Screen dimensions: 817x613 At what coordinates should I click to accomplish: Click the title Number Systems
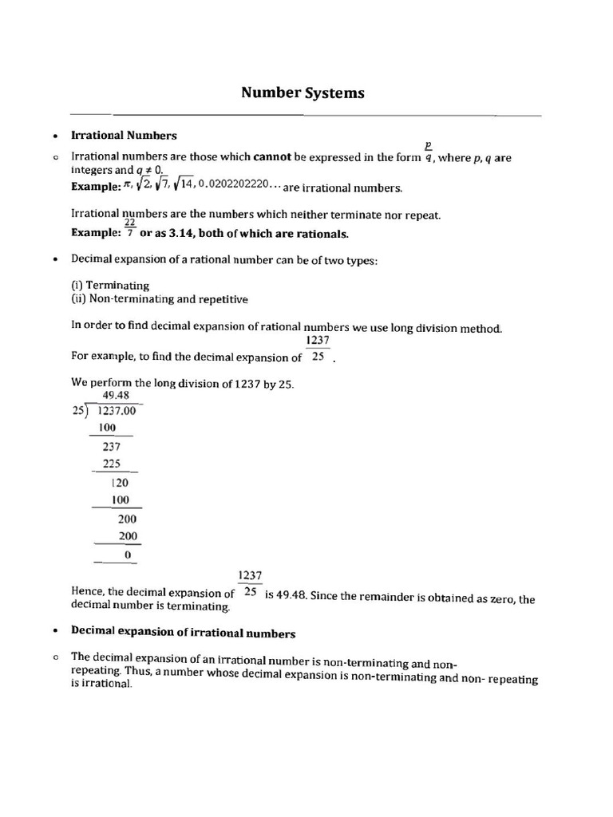(x=303, y=93)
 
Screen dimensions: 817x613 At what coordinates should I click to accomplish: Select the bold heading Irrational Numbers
(x=124, y=136)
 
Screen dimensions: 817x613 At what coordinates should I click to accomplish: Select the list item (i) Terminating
(x=110, y=285)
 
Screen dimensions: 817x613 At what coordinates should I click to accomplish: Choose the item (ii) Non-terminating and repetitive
(x=160, y=299)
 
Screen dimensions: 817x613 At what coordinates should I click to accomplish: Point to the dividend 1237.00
(x=117, y=411)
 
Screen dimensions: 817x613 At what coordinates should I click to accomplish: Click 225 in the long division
(x=111, y=464)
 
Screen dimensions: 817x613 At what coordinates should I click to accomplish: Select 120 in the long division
(x=120, y=483)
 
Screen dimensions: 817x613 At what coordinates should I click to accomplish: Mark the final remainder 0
(x=127, y=554)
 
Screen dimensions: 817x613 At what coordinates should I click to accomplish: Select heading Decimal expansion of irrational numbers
(x=183, y=633)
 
